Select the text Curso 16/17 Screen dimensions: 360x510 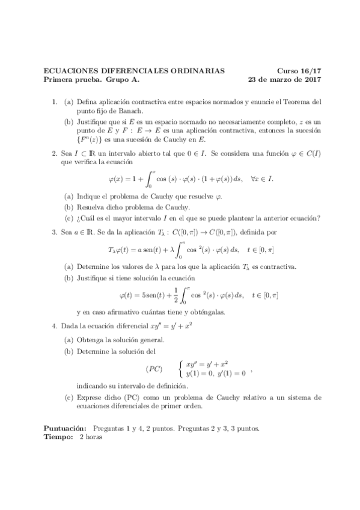tap(299, 70)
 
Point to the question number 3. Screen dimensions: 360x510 tap(53, 231)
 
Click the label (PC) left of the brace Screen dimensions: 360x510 tap(154, 368)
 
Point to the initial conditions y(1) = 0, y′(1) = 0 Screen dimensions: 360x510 tap(216, 373)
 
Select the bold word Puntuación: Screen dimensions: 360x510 tap(65, 428)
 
